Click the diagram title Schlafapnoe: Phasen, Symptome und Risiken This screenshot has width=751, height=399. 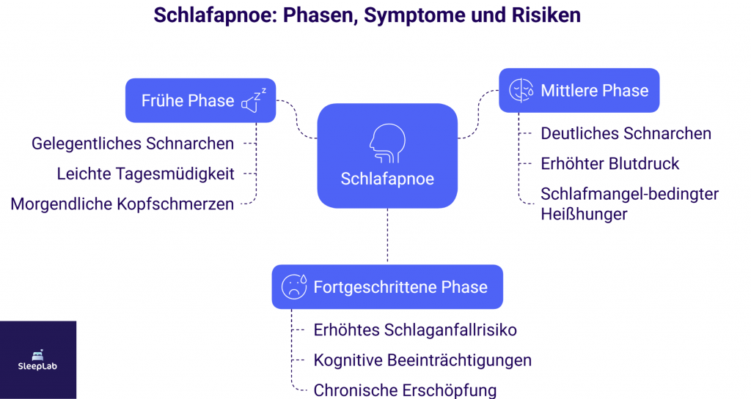coord(367,15)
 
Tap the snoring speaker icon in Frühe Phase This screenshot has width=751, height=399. coord(253,101)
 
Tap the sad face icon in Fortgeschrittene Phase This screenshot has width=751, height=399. coord(295,286)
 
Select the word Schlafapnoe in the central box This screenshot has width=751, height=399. coord(387,179)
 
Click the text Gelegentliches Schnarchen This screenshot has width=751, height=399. coord(133,143)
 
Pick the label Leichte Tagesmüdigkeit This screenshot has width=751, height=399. coord(145,174)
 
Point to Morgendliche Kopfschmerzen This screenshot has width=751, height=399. coord(122,204)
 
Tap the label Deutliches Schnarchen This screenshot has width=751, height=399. coord(626,133)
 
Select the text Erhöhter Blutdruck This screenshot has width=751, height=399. coord(609,163)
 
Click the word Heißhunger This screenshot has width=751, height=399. coord(584,214)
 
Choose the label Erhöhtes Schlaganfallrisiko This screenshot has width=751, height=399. coord(415,330)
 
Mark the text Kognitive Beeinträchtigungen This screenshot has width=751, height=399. coord(422,360)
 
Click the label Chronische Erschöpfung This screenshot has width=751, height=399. coord(405,389)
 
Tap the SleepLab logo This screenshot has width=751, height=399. coord(38,359)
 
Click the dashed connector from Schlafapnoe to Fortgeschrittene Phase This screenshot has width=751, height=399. coord(387,236)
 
